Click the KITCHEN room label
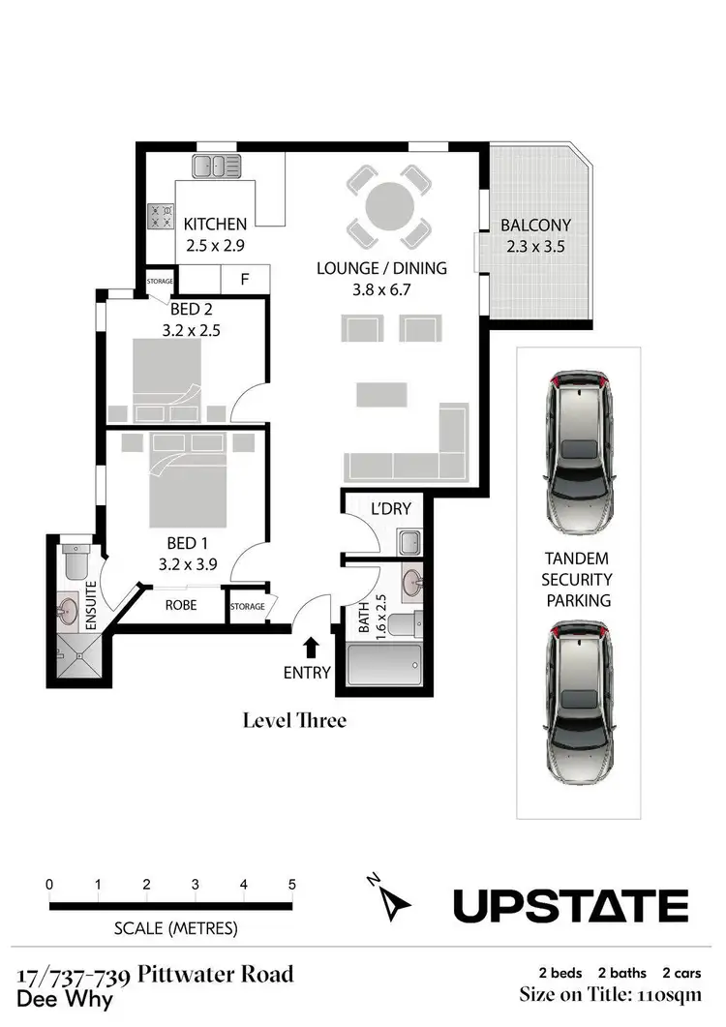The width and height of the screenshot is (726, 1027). click(x=215, y=224)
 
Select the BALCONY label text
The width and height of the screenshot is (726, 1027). click(x=535, y=226)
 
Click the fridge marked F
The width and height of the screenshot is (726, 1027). click(x=245, y=278)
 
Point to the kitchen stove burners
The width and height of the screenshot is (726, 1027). click(x=160, y=216)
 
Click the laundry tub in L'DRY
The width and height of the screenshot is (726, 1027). click(x=408, y=540)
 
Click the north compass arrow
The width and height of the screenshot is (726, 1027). click(x=393, y=902)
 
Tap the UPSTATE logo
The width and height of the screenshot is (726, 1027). click(x=570, y=906)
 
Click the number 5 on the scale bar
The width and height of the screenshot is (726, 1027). click(x=291, y=885)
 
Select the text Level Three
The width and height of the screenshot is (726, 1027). click(x=294, y=720)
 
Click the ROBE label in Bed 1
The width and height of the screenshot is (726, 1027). click(x=181, y=605)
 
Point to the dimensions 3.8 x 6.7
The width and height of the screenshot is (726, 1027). click(x=381, y=288)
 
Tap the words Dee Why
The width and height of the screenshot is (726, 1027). click(x=66, y=1000)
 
